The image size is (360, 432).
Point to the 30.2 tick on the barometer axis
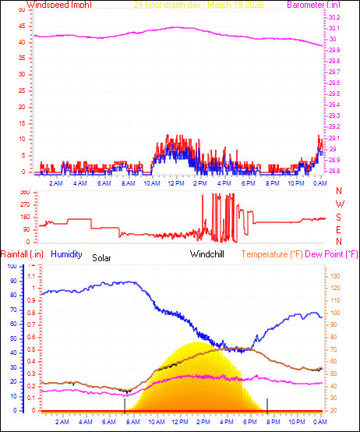[x=333, y=17]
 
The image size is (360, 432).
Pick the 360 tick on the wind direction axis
[x=23, y=192]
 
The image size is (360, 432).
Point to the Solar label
[x=101, y=257]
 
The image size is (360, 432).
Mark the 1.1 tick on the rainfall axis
[x=32, y=276]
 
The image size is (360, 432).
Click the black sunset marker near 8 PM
[x=267, y=404]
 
